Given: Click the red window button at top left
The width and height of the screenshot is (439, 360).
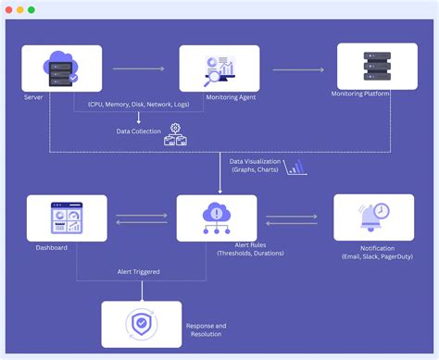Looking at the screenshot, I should [x=7, y=9].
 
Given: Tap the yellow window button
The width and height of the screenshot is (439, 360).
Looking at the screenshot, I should [x=19, y=9].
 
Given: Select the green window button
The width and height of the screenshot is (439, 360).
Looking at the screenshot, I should [x=31, y=9].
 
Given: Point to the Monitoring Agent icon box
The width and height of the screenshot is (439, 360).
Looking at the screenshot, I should [x=219, y=69].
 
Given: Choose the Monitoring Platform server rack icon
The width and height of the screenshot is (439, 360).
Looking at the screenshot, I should [x=377, y=67].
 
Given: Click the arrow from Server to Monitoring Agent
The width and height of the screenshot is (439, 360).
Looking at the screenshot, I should [x=139, y=69].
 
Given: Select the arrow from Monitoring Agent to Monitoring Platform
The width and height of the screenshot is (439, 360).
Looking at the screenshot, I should [x=298, y=69].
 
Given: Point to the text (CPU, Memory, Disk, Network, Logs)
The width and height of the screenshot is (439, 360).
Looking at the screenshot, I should [x=138, y=105].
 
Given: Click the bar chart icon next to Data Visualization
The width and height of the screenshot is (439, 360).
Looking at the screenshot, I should [x=296, y=167].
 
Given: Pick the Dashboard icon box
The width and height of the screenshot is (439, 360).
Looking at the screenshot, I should [x=67, y=219].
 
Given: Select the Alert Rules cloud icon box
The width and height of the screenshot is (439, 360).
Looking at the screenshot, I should [x=218, y=218].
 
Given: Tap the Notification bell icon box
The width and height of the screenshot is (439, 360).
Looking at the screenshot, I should [x=372, y=218].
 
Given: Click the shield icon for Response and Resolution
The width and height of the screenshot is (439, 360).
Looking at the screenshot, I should [x=141, y=323].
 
